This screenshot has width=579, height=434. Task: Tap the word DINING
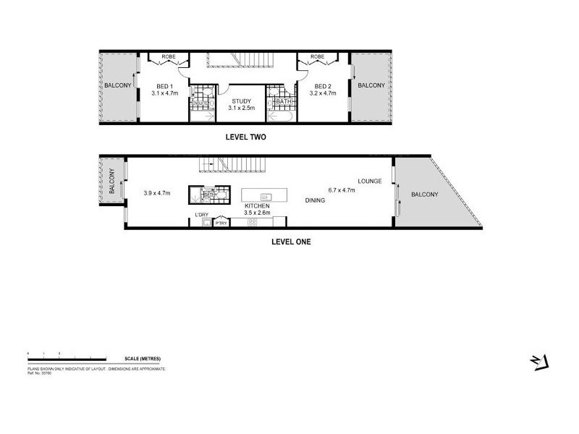[x=315, y=201]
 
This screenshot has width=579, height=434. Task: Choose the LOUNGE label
[x=369, y=181]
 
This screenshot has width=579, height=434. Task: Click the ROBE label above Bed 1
[x=168, y=56]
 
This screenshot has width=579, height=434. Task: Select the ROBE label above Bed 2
[x=316, y=56]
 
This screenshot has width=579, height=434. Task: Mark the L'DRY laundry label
[x=200, y=215]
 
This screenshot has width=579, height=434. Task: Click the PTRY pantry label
[x=221, y=224]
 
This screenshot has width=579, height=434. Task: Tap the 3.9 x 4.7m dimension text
[x=157, y=193]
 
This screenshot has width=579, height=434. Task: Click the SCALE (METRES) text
[x=142, y=359]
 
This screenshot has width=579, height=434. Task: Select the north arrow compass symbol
[x=541, y=361]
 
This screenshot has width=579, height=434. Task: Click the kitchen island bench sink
[x=265, y=196]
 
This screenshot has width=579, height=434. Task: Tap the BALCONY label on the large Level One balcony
[x=423, y=195]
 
